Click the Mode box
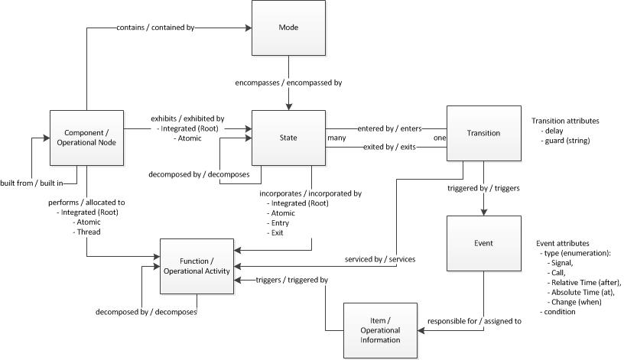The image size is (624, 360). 288,28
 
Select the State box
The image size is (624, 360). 288,138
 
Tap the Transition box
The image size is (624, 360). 483,133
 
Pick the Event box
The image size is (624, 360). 483,243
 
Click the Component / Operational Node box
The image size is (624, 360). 86,138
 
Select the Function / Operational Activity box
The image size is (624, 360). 197,266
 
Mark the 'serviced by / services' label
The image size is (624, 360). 379,259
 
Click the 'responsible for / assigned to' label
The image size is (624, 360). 474,321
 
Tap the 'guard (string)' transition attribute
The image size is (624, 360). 564,140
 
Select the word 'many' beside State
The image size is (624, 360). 336,138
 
